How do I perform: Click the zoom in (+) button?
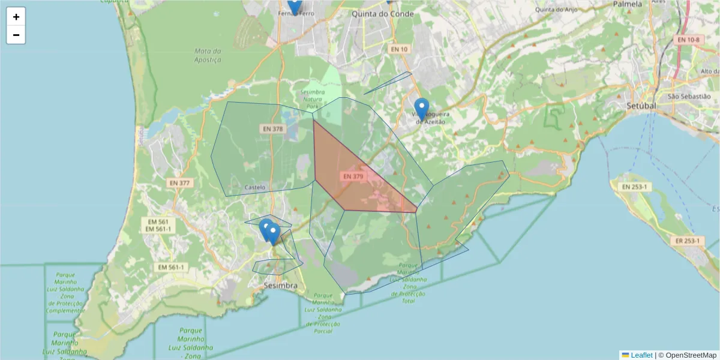[16, 17]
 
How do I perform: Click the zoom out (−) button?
[16, 35]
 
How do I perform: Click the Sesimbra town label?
[280, 286]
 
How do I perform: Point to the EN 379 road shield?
[353, 176]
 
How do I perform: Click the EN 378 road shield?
[272, 128]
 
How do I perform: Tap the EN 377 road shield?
[179, 183]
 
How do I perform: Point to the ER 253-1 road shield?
[688, 241]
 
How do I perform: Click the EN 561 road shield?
[158, 221]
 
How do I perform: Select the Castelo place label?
[255, 188]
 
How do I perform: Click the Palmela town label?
[628, 4]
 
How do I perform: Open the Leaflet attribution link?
[641, 355]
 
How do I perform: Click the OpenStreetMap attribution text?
[691, 355]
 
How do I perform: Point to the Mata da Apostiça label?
[208, 55]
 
